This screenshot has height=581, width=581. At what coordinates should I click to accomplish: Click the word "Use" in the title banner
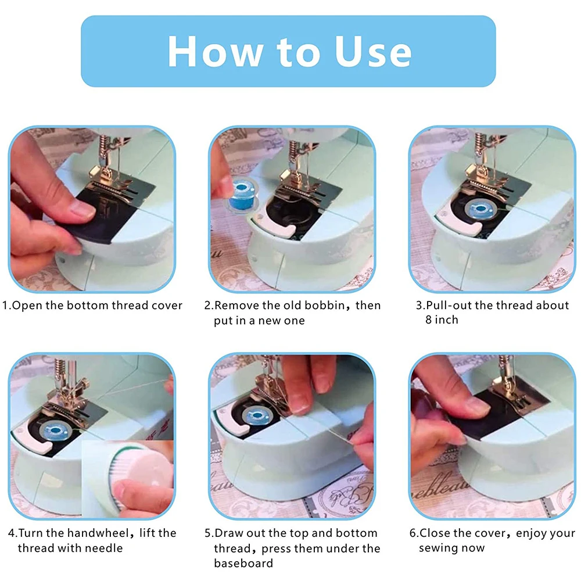373,52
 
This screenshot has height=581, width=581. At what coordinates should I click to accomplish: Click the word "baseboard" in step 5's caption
243,563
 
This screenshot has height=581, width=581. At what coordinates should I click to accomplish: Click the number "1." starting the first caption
7,306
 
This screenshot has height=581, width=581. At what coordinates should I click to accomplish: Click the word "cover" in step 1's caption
167,306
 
